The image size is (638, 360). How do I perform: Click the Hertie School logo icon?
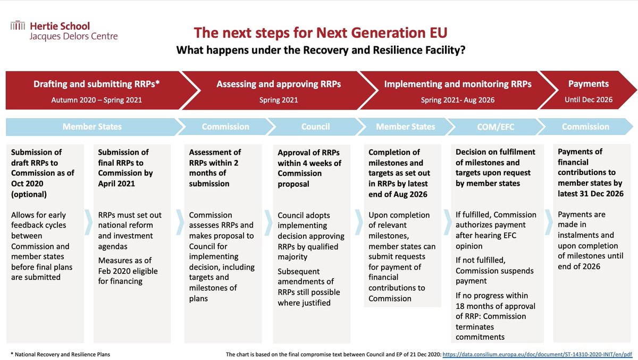(x=18, y=24)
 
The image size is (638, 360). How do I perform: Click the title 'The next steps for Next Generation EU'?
(x=321, y=33)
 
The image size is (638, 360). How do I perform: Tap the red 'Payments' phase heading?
(x=588, y=83)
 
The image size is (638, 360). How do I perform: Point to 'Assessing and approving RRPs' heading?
(x=279, y=84)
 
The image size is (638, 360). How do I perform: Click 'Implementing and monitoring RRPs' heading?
(x=457, y=84)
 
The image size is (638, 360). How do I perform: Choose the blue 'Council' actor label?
(x=315, y=127)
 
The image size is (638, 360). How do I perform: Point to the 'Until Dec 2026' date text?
(x=588, y=99)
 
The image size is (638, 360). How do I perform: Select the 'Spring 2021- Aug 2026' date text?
(x=457, y=99)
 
